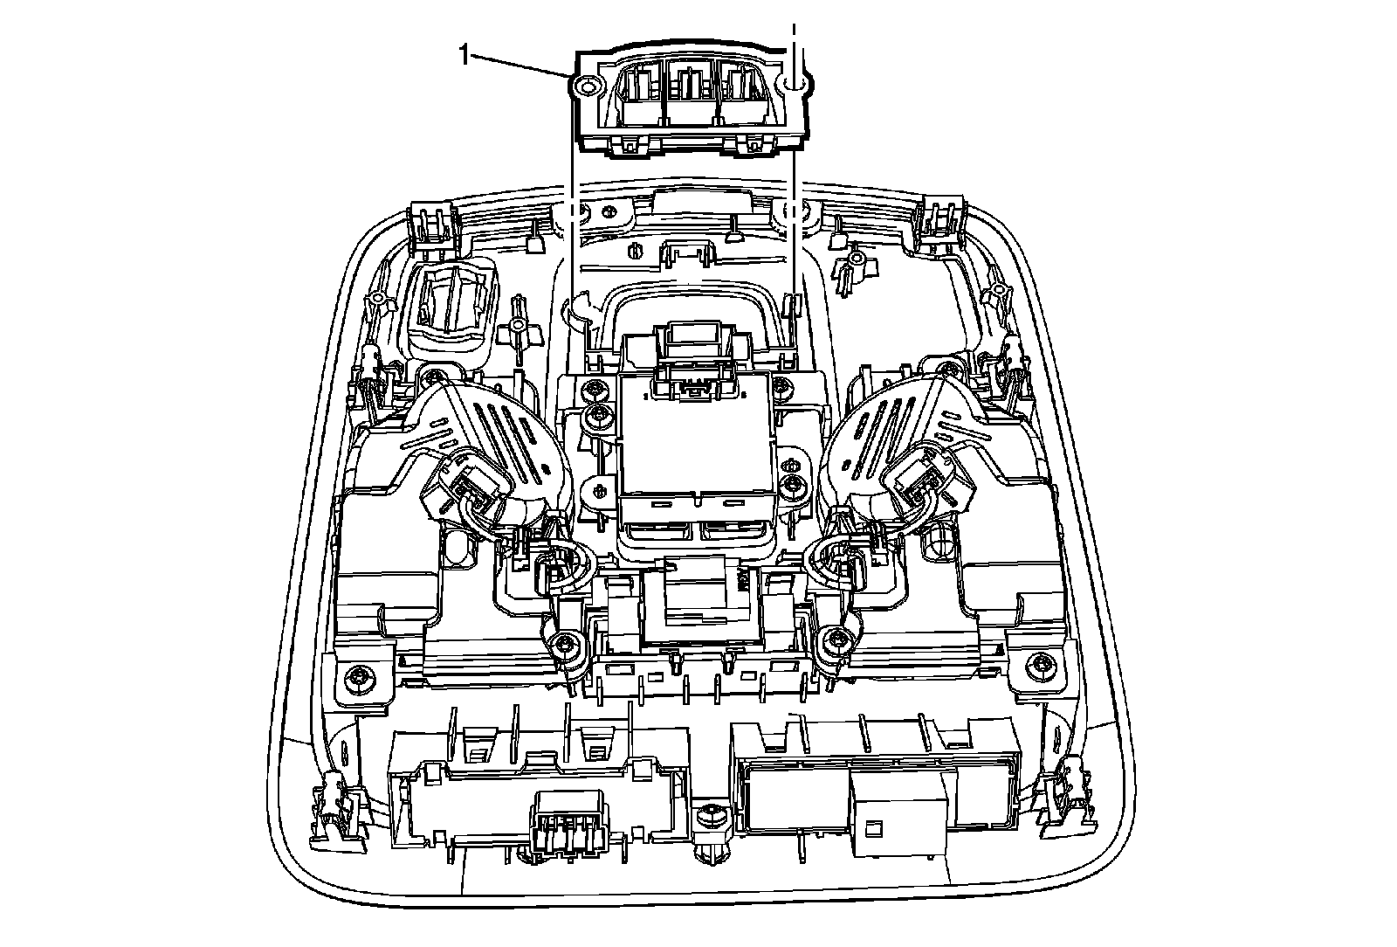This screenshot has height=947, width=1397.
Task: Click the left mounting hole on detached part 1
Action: click(x=587, y=86)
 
